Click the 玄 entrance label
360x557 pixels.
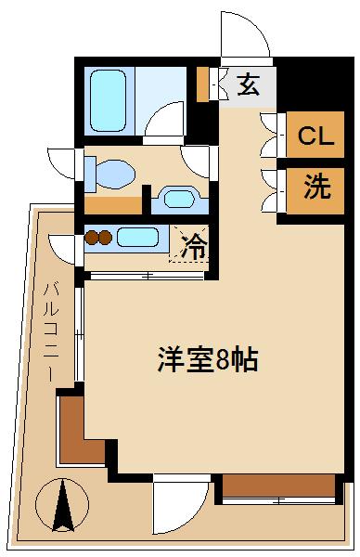[x=248, y=85]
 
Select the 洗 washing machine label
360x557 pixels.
[x=317, y=188]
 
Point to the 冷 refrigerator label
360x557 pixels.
[x=194, y=246]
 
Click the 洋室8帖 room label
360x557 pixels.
[x=208, y=359]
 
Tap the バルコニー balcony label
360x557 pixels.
[x=51, y=331]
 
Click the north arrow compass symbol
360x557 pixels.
[x=62, y=505]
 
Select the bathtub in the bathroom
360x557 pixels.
[x=109, y=100]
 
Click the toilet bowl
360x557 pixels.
[x=116, y=175]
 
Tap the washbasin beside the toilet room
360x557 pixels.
[x=180, y=199]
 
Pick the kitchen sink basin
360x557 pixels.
[x=137, y=237]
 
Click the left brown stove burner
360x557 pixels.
[x=92, y=238]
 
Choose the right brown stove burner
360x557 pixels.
[x=105, y=238]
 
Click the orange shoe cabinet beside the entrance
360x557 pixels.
[x=202, y=84]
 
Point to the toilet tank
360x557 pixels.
[x=90, y=175]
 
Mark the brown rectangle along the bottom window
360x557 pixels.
[x=278, y=486]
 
